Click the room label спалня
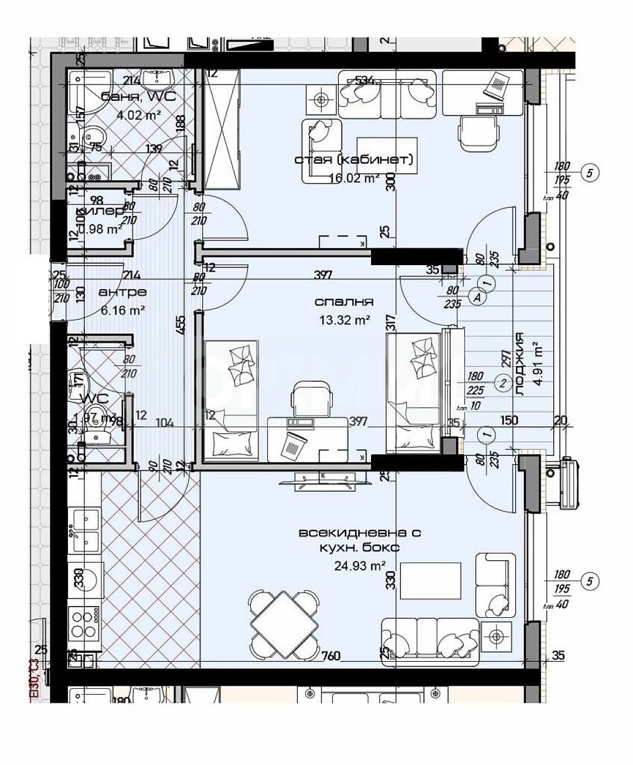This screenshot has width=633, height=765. pyautogui.click(x=344, y=302)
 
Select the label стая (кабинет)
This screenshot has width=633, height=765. pyautogui.click(x=354, y=160)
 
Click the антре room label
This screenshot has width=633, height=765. pyautogui.click(x=122, y=292)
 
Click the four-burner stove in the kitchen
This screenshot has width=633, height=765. pyautogui.click(x=85, y=624)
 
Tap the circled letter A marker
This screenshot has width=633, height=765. pyautogui.click(x=477, y=297)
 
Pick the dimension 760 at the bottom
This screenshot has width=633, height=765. pyautogui.click(x=331, y=656)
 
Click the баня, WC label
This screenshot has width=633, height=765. pyautogui.click(x=138, y=97)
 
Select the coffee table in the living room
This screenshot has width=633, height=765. pyautogui.click(x=430, y=581)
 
